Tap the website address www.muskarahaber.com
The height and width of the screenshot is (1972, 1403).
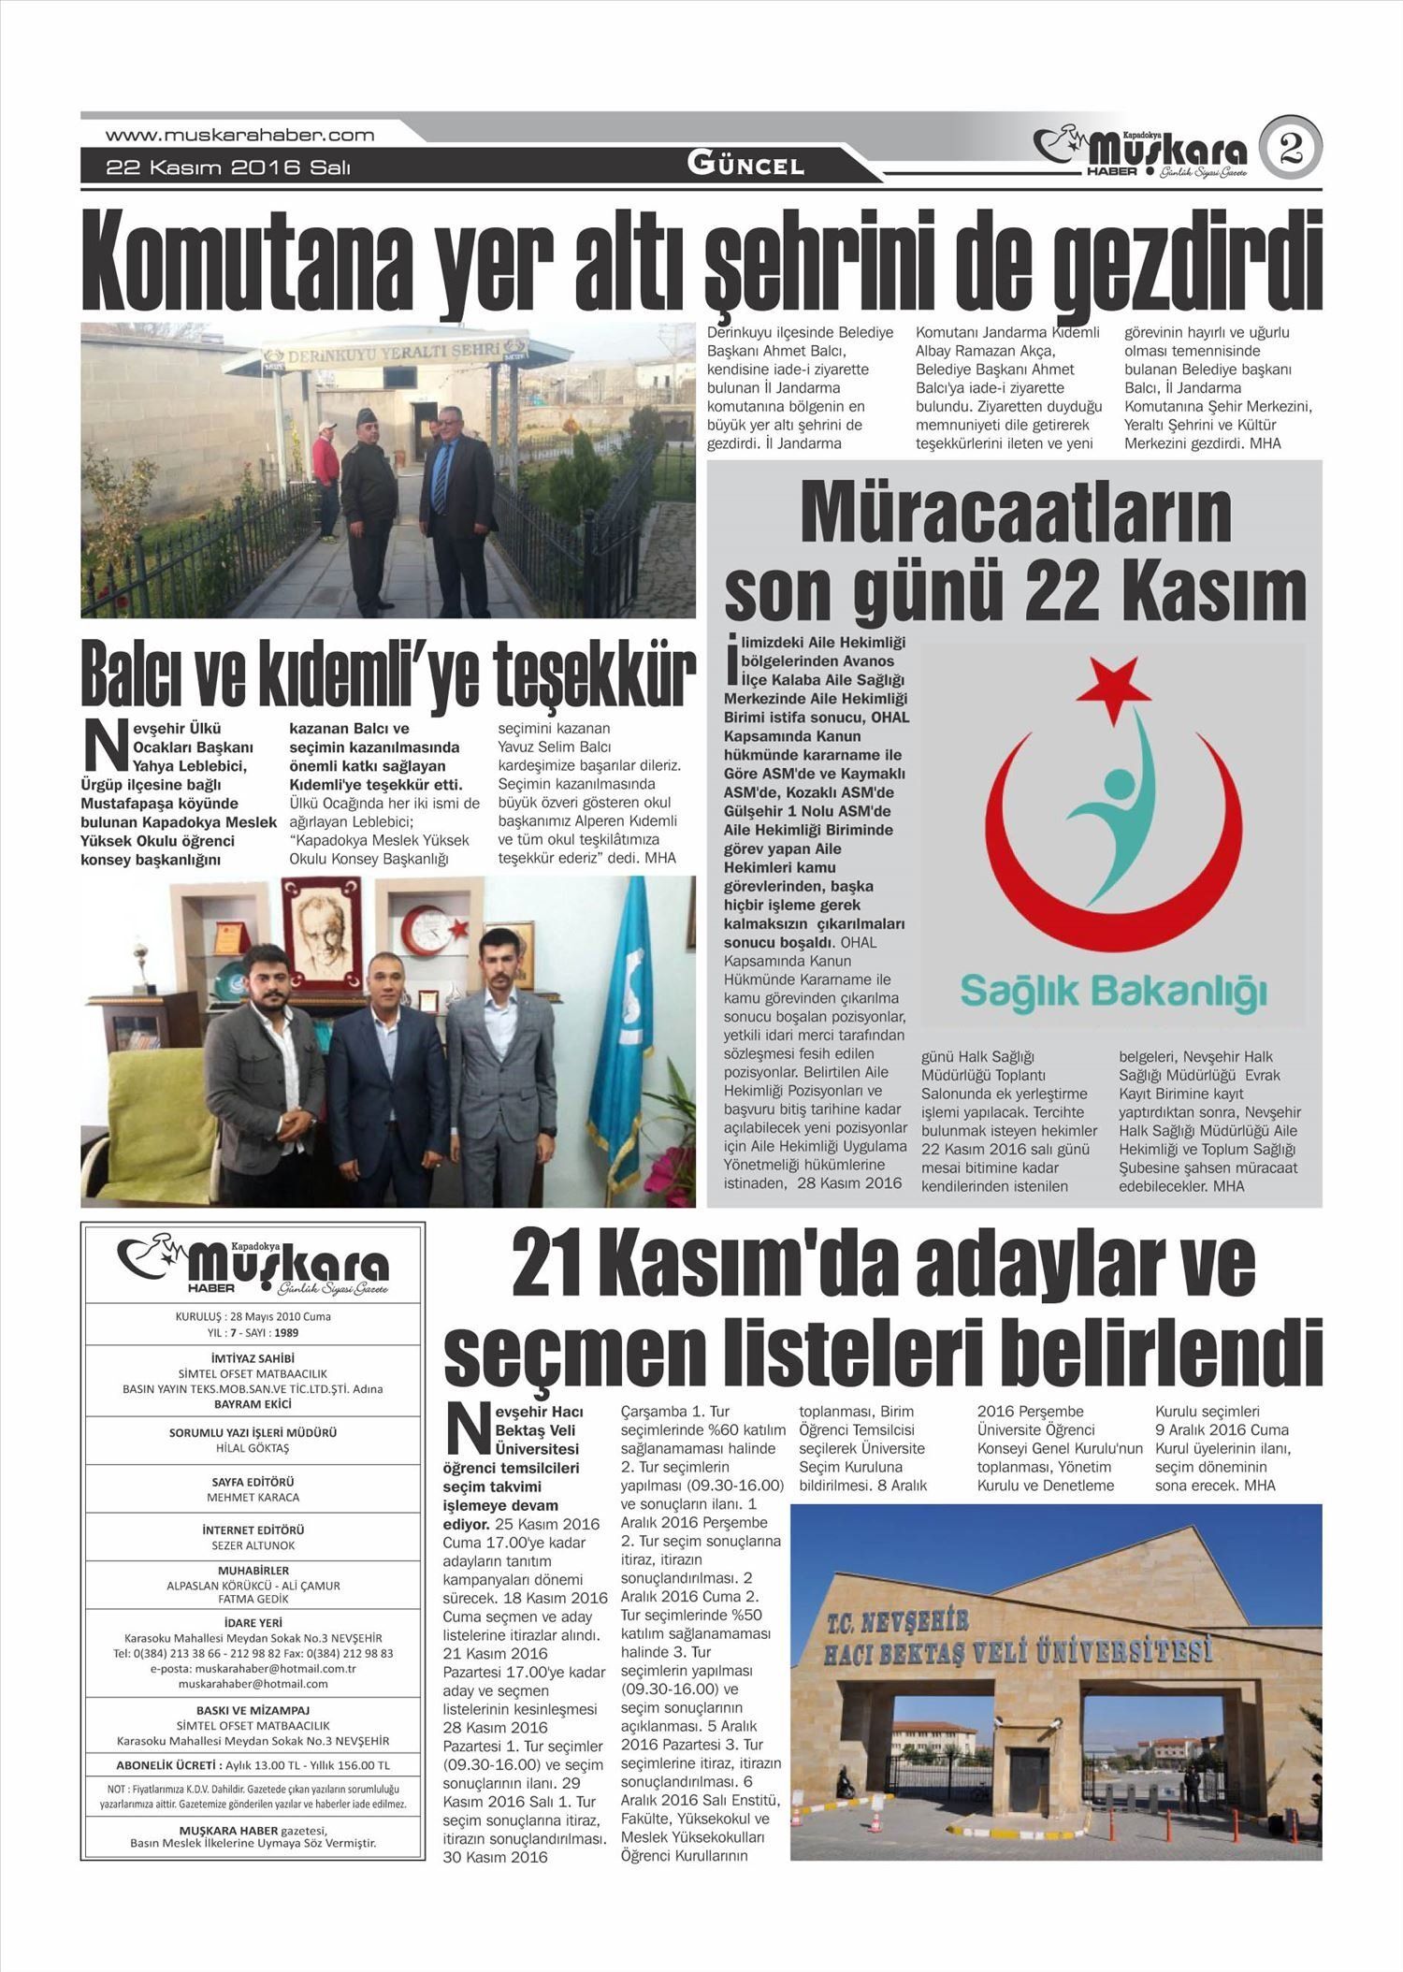point(239,135)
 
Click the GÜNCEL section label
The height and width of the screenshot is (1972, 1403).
point(745,166)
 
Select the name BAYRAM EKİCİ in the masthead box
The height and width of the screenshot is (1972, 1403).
point(253,1404)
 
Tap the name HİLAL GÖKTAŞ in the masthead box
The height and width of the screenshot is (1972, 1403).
point(253,1448)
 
